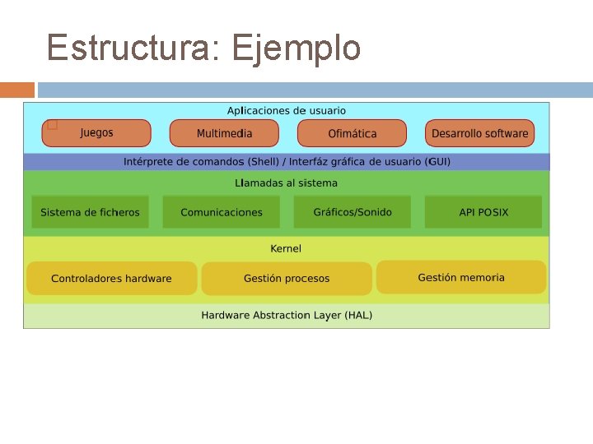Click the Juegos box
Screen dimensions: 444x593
pos(97,133)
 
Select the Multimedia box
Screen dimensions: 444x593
pos(224,133)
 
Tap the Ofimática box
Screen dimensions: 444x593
pos(352,133)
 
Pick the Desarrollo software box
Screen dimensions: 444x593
pos(479,133)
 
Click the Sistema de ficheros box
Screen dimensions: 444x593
pos(90,212)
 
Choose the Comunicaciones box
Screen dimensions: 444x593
pos(221,212)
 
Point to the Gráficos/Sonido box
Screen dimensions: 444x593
pos(353,212)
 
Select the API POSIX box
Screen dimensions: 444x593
pos(483,212)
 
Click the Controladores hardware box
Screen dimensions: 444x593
pos(111,279)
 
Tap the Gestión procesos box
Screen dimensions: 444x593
pos(286,279)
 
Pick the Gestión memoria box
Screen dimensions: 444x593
pos(461,277)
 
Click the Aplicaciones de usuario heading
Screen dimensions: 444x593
pos(287,110)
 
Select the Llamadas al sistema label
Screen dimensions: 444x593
pos(287,183)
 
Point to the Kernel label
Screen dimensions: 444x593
pos(287,248)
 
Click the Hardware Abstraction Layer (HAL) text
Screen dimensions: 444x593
pos(287,316)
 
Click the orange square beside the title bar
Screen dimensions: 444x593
pos(17,90)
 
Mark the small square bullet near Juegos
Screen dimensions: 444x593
pos(52,125)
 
